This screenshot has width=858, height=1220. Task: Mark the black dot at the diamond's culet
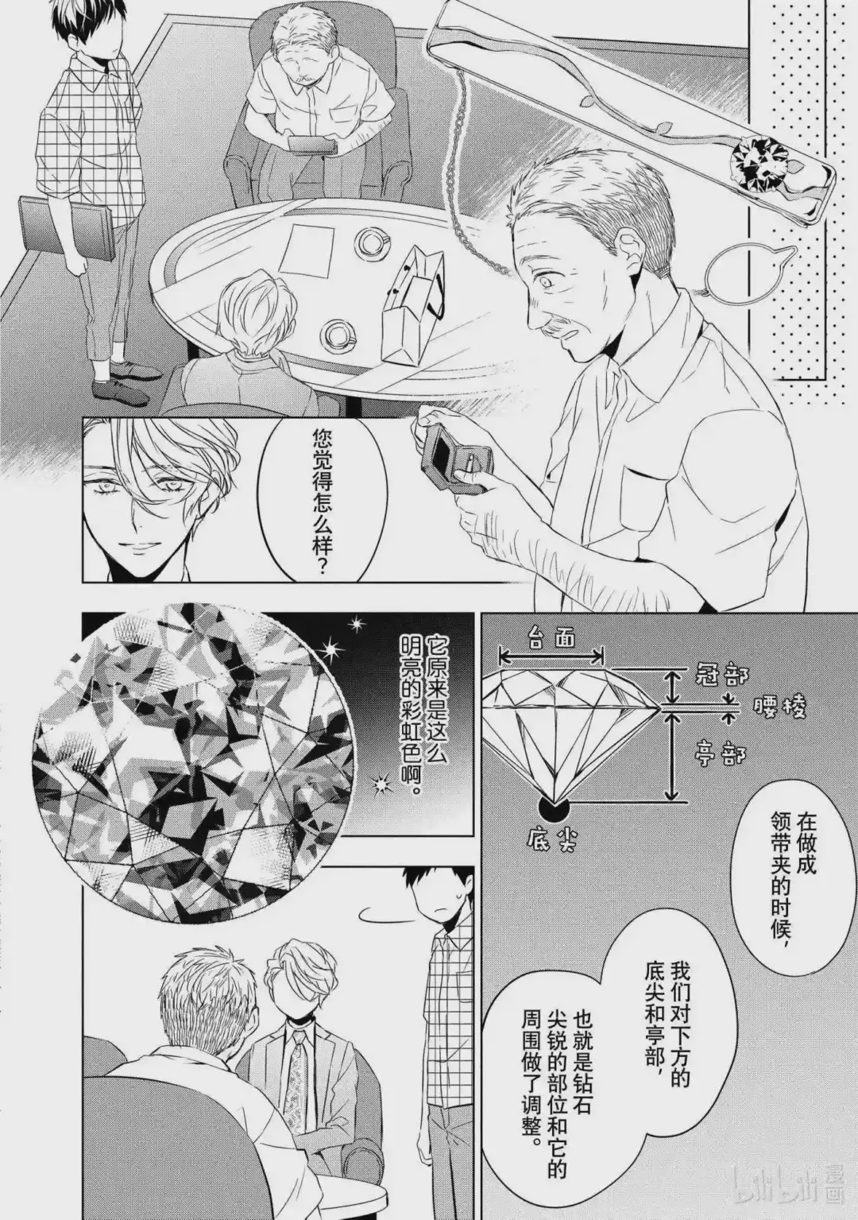553,810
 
